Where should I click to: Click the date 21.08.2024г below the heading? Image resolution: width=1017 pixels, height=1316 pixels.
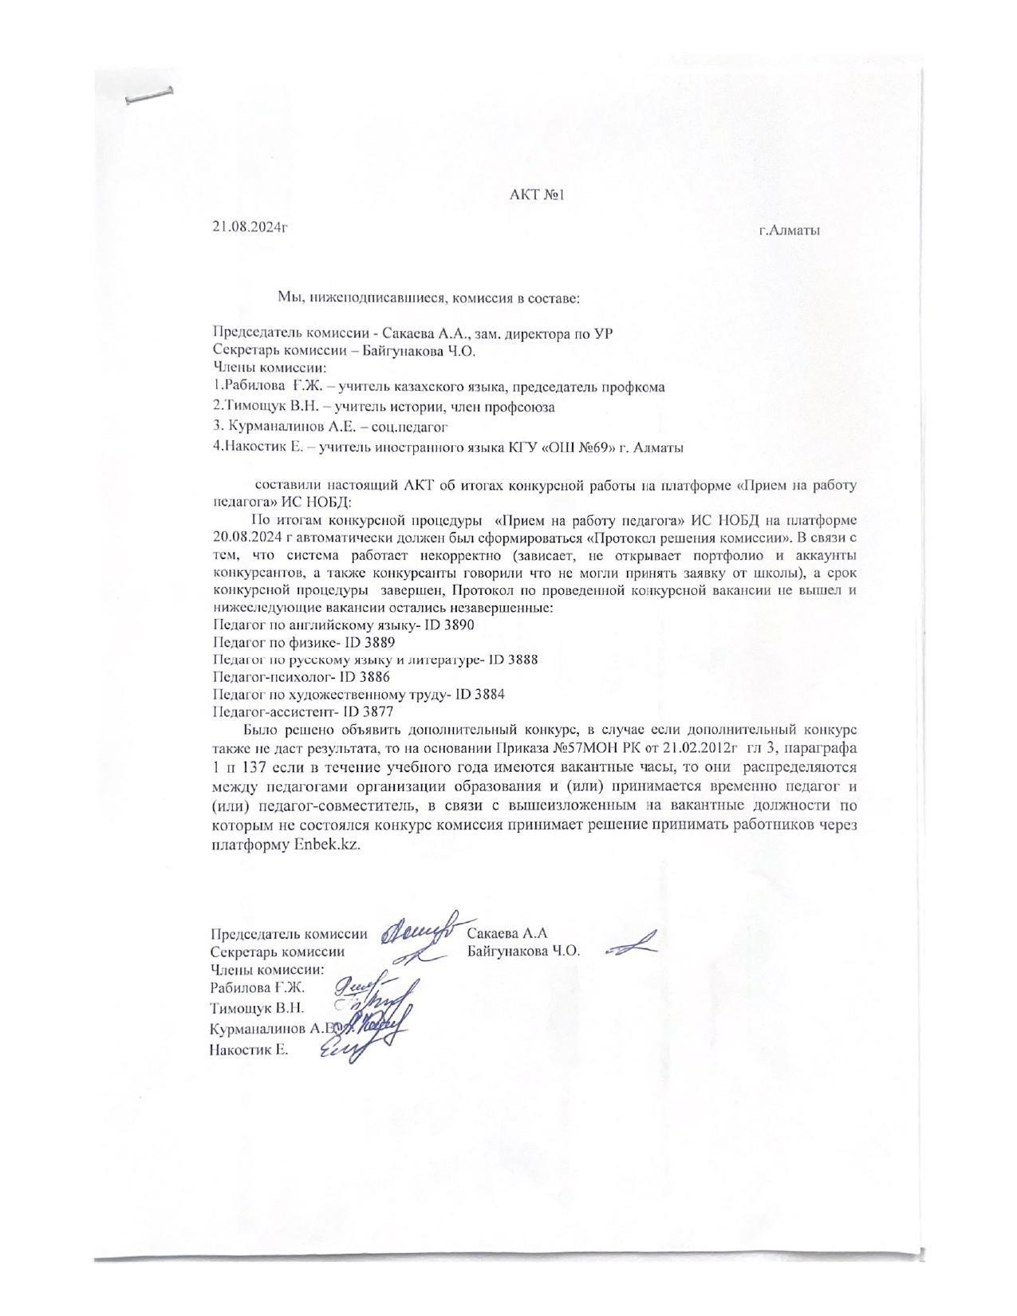click(x=250, y=227)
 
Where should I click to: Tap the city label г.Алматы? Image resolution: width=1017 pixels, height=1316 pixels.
click(x=789, y=231)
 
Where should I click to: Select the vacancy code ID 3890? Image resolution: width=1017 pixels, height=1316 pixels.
click(x=450, y=625)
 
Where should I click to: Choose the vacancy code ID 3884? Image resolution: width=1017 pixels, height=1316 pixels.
click(x=480, y=695)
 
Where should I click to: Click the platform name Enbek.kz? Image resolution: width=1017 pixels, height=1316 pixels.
click(x=327, y=845)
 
